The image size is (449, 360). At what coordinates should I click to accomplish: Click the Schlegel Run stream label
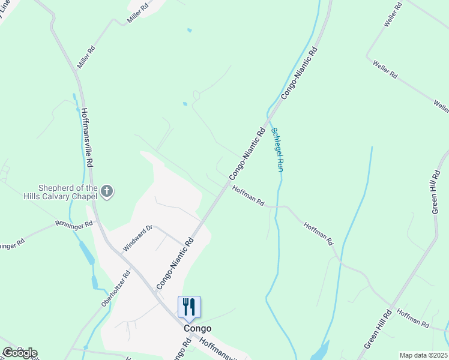pyautogui.click(x=277, y=149)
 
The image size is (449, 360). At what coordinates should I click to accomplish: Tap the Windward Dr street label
pyautogui.click(x=138, y=238)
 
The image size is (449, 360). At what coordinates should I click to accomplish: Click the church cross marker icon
pyautogui.click(x=107, y=191)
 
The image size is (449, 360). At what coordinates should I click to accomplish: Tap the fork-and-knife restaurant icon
pyautogui.click(x=190, y=307)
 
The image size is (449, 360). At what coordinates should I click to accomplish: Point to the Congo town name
pyautogui.click(x=197, y=328)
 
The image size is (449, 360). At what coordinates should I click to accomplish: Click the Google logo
pyautogui.click(x=19, y=353)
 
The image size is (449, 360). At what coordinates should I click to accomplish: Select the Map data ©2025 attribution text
pyautogui.click(x=423, y=355)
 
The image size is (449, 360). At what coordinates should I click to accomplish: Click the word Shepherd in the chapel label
pyautogui.click(x=59, y=187)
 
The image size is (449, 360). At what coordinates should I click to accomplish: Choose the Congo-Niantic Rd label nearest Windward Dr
pyautogui.click(x=175, y=263)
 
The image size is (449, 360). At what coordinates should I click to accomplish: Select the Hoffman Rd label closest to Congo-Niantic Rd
pyautogui.click(x=249, y=197)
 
